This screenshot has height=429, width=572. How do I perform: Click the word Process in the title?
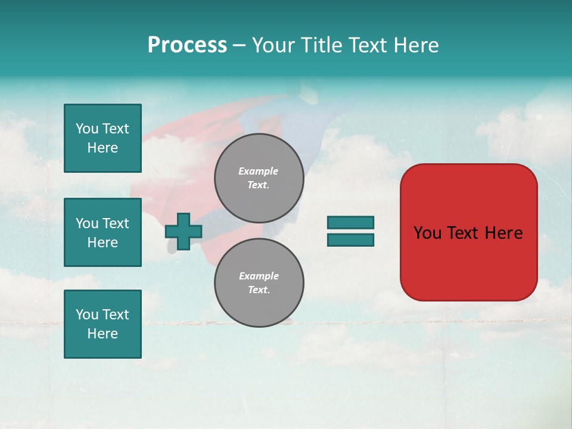click(187, 45)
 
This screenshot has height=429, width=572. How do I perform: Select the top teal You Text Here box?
click(102, 138)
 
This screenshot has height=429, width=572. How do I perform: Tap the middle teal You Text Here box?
click(102, 232)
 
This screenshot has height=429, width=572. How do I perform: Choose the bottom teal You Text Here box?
click(102, 324)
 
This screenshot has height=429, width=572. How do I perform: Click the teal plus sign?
click(184, 231)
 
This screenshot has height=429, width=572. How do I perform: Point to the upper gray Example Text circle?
click(259, 178)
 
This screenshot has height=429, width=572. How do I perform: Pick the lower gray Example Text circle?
click(259, 282)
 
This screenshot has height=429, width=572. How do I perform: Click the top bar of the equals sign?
click(350, 223)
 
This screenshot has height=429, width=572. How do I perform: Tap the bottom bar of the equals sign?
click(350, 240)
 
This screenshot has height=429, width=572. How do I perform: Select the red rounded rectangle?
click(468, 262)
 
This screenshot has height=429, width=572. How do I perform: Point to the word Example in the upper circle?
click(259, 171)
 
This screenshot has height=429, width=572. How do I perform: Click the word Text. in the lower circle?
click(259, 290)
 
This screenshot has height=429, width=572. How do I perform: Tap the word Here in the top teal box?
click(102, 148)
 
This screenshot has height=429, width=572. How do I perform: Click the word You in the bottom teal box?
click(87, 315)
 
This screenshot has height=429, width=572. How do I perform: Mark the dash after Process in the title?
click(239, 45)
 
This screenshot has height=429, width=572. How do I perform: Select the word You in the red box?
click(427, 233)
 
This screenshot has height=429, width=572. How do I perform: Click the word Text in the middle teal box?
click(116, 223)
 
